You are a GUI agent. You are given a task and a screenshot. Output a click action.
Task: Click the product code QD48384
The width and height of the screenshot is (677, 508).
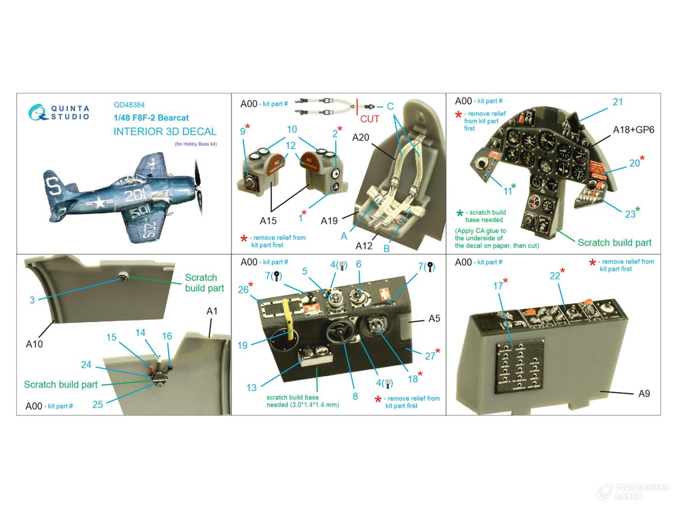click(129, 105)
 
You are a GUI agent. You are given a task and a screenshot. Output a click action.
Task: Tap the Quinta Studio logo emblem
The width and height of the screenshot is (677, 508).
click(38, 112)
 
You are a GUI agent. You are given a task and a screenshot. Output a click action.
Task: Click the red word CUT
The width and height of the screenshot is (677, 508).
click(369, 119)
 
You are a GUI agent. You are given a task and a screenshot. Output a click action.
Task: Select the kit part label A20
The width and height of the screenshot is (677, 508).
click(361, 137)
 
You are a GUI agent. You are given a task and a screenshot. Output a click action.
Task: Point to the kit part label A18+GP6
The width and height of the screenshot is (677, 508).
click(633, 130)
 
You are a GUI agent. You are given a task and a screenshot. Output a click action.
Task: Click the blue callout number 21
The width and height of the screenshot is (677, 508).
click(618, 102)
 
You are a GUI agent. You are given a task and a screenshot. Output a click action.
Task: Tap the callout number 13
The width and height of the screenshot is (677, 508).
click(251, 388)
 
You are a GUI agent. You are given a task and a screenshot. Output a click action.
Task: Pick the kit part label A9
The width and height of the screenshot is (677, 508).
click(644, 393)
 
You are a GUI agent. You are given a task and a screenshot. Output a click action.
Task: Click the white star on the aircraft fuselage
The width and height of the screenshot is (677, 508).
click(99, 202)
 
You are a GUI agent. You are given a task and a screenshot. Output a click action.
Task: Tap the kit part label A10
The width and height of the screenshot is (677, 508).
click(34, 344)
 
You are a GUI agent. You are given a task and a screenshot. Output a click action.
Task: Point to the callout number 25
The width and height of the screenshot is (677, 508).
click(98, 404)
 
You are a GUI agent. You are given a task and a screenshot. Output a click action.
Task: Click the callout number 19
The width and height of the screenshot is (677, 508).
click(242, 345)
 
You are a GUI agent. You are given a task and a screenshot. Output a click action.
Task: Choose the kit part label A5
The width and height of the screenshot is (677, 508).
click(434, 319)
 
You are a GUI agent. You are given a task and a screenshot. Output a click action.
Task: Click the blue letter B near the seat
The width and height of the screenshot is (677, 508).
click(386, 249)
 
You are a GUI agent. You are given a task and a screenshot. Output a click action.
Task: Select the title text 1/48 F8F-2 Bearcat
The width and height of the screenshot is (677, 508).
click(151, 118)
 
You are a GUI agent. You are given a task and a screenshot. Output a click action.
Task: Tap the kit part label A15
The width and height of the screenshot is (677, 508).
click(268, 221)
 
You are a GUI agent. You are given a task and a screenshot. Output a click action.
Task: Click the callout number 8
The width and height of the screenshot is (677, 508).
click(355, 396)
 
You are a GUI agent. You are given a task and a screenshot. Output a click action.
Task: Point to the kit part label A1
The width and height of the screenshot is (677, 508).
click(212, 311)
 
